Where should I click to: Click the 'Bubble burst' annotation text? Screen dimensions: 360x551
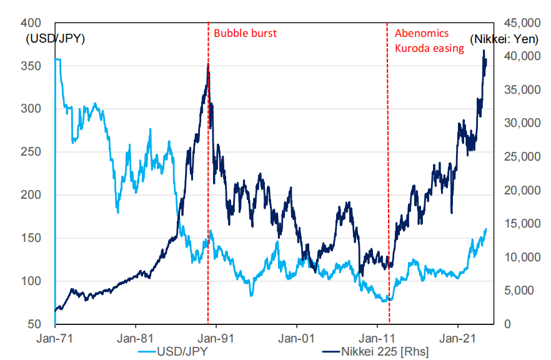point(245,33)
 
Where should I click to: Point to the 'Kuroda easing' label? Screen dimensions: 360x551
point(429,48)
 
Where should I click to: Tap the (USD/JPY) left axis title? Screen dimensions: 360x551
point(55,39)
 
